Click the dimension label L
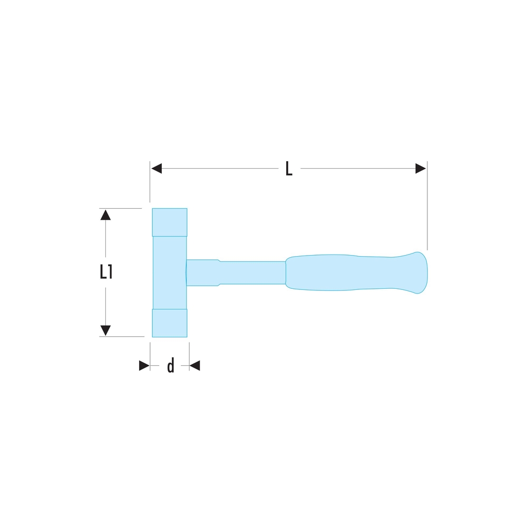pos(288,169)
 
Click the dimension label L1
pos(105,272)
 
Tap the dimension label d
pos(170,366)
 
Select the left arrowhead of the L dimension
pos(157,169)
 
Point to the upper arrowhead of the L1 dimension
pos(105,214)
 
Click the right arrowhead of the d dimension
pos(194,366)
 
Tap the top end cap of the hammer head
pos(169,222)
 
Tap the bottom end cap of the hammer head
pos(169,323)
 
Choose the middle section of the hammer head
pos(169,272)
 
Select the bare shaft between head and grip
pos(253,272)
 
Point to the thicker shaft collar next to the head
pos(203,272)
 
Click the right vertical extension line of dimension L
pos(427,211)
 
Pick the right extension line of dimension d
pos(189,353)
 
